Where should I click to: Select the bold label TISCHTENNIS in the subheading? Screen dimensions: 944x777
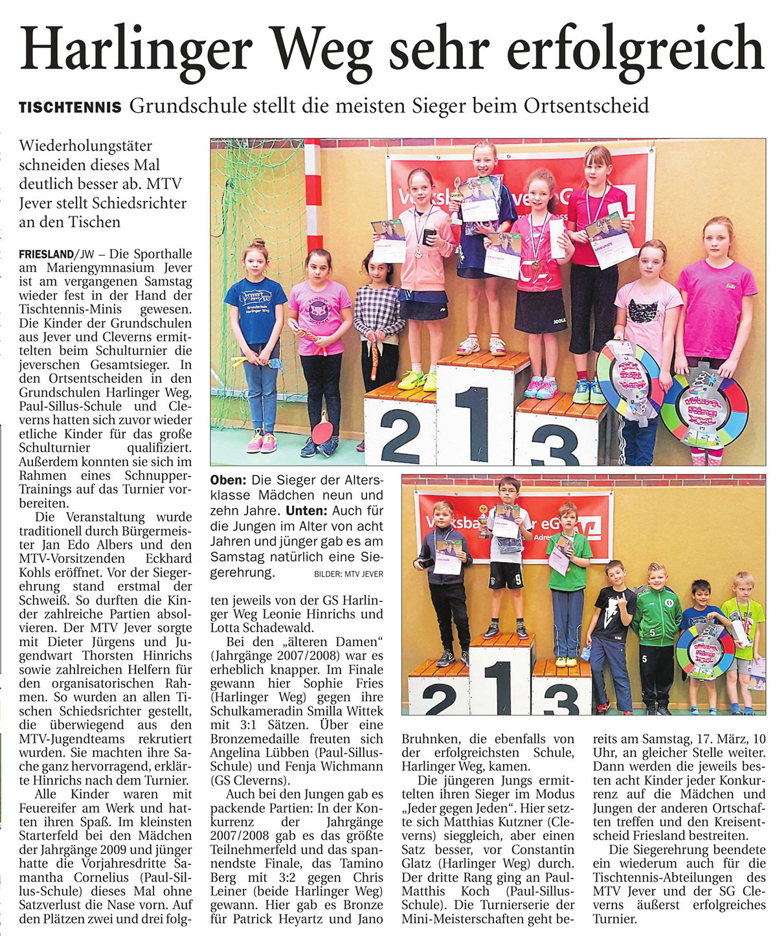(x=70, y=107)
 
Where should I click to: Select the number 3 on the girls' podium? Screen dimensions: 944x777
(x=556, y=440)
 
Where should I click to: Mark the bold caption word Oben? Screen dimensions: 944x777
(x=229, y=480)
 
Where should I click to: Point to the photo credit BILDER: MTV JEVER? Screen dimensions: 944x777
(x=348, y=574)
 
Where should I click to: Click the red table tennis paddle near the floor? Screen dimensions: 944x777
(x=322, y=427)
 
